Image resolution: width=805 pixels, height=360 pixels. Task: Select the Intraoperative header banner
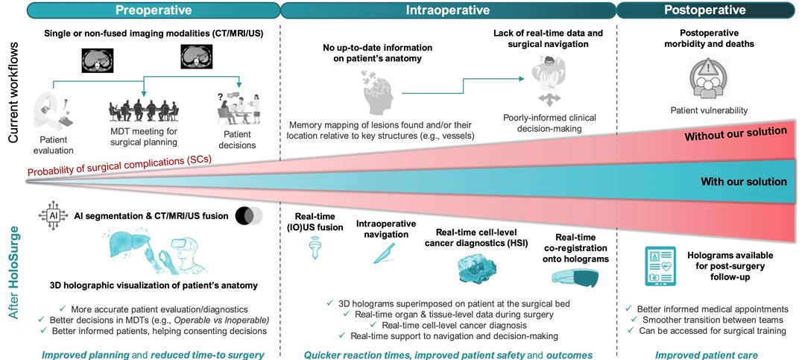(x=447, y=10)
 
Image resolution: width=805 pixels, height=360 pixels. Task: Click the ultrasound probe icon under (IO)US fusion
(x=313, y=252)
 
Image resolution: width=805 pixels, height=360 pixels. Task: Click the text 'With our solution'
(x=743, y=181)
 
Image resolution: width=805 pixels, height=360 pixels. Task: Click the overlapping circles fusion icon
(x=247, y=216)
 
